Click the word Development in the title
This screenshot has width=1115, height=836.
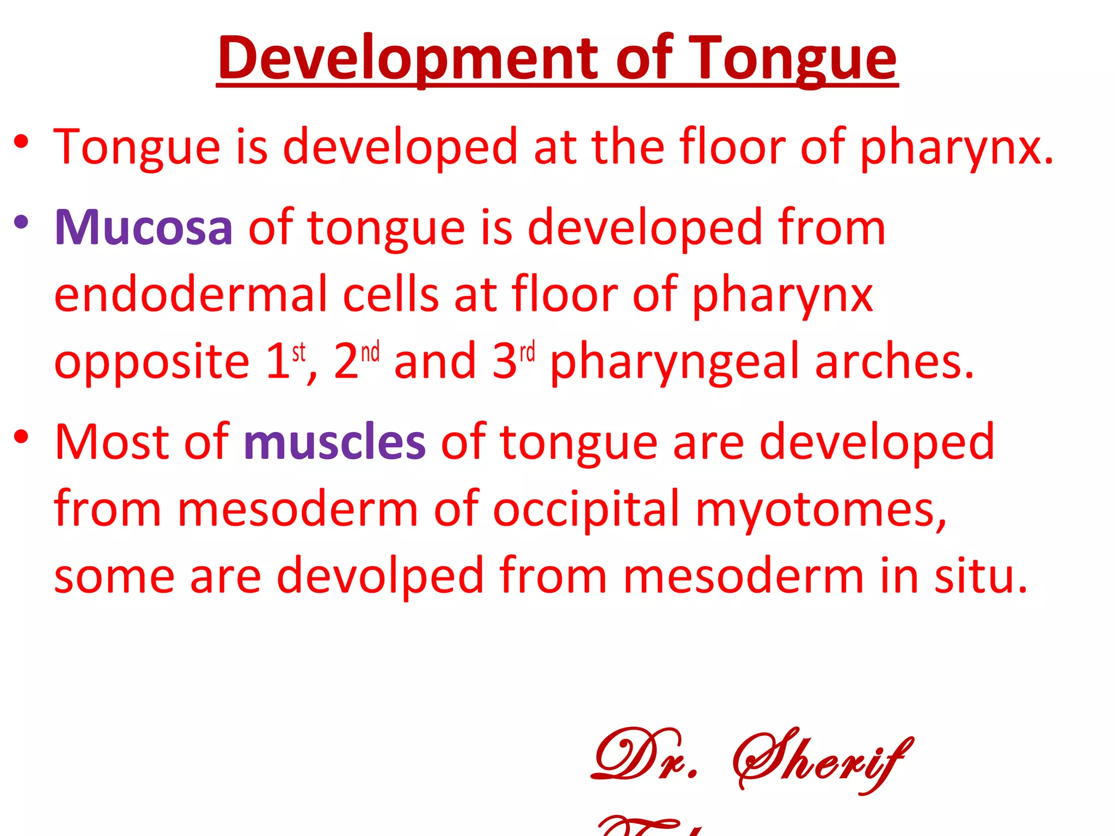pos(408,59)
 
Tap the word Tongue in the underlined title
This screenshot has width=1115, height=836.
pos(792,59)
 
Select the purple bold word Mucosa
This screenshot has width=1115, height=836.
pos(144,228)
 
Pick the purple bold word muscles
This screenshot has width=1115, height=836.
pos(334,442)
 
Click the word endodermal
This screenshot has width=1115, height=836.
pos(191,294)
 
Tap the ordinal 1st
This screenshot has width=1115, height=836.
pos(286,360)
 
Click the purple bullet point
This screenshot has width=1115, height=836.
pos(21,222)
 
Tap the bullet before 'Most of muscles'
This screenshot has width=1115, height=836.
pos(21,436)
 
